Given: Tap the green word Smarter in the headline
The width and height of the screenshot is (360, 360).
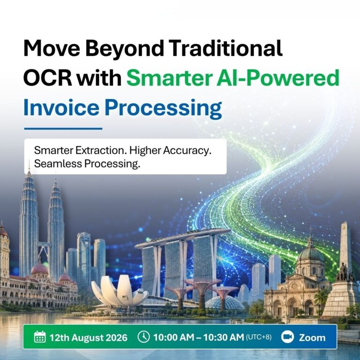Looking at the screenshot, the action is coord(169,78).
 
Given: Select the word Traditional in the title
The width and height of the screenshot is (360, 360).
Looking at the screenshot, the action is coord(226,48).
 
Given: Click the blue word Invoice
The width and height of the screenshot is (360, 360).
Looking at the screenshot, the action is coord(61,107).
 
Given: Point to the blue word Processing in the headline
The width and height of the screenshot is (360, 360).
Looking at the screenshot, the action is coord(163,109).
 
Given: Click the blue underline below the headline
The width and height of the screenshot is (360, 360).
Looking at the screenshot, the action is coord(63,129).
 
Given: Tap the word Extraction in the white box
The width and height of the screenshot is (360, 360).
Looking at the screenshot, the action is coord(101,150).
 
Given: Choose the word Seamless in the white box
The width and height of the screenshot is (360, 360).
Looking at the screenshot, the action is coord(58,164).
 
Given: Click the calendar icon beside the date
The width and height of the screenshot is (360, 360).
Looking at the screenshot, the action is coord(40,337).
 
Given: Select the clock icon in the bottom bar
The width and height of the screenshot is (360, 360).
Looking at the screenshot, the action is coord(144,337).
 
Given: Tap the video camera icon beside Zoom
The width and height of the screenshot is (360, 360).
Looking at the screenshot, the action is coord(287,337).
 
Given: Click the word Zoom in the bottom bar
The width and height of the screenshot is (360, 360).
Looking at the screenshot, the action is coord(312,337).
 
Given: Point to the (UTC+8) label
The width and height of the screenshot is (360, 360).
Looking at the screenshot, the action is coord(259,337).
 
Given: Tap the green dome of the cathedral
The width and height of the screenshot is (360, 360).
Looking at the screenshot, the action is coord(310,254).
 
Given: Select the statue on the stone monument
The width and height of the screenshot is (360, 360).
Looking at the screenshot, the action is coord(343,272).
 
